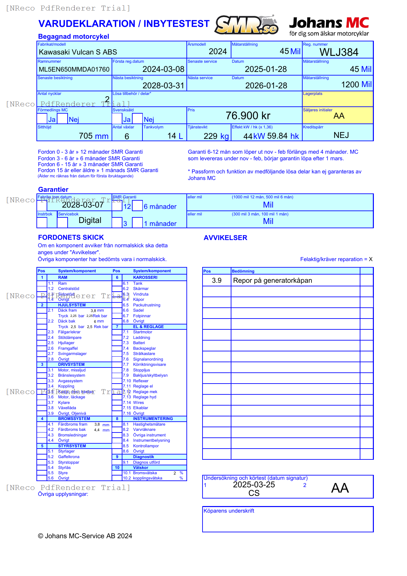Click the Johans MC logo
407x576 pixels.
tap(329, 26)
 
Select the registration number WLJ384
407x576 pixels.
tap(339, 52)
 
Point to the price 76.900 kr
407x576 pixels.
tap(248, 116)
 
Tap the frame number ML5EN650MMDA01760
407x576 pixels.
tap(74, 69)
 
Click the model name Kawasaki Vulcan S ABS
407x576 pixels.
tap(78, 52)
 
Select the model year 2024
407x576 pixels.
tap(218, 52)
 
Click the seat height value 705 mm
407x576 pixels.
tap(94, 136)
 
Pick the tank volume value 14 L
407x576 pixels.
tap(175, 136)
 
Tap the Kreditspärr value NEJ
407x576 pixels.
tap(341, 135)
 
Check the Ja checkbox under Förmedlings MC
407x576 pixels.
tap(42, 119)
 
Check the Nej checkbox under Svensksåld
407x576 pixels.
tap(138, 119)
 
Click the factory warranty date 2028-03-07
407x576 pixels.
tap(83, 205)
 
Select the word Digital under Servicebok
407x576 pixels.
tap(90, 220)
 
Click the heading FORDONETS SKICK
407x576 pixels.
tap(71, 237)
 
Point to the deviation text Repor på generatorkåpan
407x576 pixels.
tap(272, 280)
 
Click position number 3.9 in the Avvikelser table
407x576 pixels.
tap(217, 280)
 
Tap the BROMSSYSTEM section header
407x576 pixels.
tap(74, 419)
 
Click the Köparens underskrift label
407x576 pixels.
tap(229, 511)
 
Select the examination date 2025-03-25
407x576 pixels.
tap(254, 485)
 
